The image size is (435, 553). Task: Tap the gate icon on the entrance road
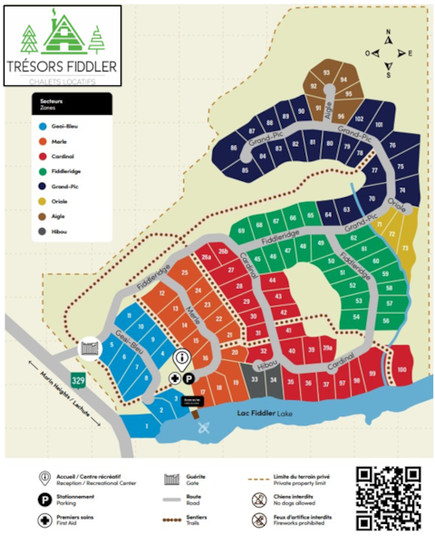click(90, 347)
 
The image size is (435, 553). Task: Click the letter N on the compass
click(388, 33)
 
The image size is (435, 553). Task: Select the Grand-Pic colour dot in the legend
click(42, 186)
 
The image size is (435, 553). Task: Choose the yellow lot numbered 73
click(404, 247)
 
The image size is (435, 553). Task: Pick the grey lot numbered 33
click(256, 381)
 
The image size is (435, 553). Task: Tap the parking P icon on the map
click(188, 378)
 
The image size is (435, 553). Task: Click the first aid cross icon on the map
click(175, 378)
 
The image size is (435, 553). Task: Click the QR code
click(388, 498)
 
